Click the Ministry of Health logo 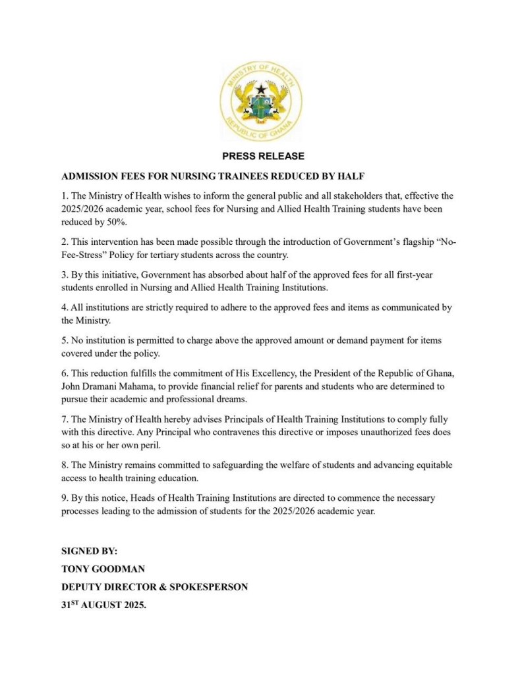point(261,103)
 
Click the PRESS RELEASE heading point(263,157)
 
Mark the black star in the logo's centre point(261,90)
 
